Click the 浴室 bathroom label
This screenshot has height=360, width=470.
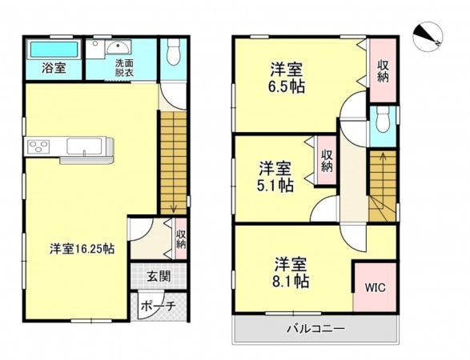point(54,69)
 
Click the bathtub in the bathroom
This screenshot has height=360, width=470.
point(53,50)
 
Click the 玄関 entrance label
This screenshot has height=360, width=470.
point(158,277)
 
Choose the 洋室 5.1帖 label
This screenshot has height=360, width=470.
point(275,177)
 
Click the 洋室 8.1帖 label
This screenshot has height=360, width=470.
point(291,271)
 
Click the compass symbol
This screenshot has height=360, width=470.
point(429,36)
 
